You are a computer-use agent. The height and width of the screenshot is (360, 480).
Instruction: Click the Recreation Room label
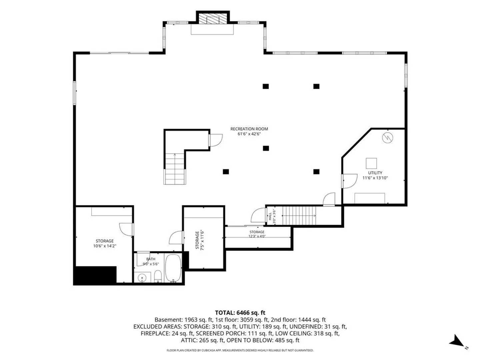click(x=249, y=129)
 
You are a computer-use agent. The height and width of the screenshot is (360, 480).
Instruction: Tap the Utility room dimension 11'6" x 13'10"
click(x=375, y=178)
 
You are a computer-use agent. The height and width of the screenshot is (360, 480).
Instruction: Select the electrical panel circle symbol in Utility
click(x=387, y=138)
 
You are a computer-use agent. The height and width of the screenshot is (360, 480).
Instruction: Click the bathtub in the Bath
click(x=173, y=268)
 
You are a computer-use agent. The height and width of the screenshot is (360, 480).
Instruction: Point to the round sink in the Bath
click(x=142, y=278)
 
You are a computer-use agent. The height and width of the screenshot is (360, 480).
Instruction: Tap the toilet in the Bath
click(x=158, y=276)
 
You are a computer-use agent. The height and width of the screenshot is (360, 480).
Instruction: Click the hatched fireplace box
click(x=212, y=19)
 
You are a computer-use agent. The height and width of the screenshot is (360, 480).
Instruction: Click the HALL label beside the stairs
click(x=270, y=216)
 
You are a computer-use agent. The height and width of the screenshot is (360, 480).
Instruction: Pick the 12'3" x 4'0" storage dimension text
click(x=257, y=236)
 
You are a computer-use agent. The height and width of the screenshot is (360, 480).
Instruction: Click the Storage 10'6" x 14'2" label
click(x=105, y=243)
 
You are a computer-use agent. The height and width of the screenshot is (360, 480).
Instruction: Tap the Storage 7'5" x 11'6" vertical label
click(x=199, y=240)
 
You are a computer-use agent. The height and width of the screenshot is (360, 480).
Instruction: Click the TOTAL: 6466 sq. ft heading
click(x=240, y=313)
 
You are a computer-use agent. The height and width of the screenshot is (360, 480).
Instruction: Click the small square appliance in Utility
click(x=371, y=163)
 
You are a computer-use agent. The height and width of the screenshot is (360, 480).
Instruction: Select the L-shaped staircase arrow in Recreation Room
click(x=175, y=164)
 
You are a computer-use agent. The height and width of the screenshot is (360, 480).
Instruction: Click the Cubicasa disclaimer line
click(x=240, y=350)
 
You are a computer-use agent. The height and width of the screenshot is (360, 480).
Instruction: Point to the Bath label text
click(x=151, y=259)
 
